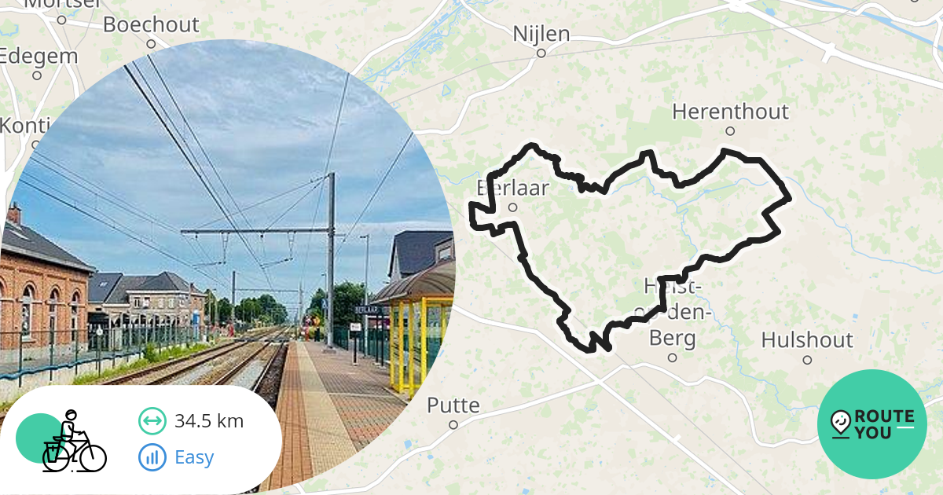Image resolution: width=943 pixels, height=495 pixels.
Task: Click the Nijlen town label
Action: point(541,34)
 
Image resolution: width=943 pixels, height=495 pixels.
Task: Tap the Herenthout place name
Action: point(730,112)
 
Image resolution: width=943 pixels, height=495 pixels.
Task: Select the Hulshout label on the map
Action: point(807,340)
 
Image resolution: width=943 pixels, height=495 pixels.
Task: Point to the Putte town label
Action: point(453,405)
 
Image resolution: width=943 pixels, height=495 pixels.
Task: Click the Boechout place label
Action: point(151,24)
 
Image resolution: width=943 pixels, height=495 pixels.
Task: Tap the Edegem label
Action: point(39,57)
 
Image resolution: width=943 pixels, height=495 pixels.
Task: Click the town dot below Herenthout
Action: point(730,131)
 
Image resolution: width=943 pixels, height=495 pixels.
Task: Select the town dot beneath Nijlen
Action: point(541,53)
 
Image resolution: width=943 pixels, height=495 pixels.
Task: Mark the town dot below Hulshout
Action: point(807,360)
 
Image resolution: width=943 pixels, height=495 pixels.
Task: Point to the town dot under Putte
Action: point(453,425)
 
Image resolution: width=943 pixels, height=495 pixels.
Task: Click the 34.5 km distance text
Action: point(209,421)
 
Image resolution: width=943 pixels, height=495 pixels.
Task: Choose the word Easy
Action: point(194,457)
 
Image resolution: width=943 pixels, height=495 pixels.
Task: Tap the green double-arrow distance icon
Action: point(152,421)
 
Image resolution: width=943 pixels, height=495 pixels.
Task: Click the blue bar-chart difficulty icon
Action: point(152,457)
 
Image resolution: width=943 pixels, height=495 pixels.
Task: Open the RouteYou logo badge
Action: point(872,424)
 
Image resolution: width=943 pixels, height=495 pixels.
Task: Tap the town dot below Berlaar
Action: point(512,208)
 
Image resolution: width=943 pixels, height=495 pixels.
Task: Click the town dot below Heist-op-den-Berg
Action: point(672,357)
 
